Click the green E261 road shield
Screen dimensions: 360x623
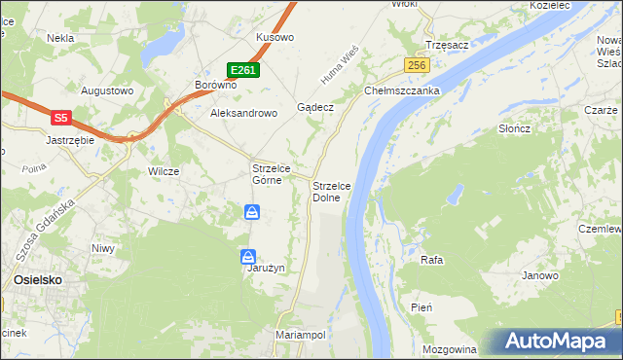click(243, 70)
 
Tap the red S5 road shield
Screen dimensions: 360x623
click(60, 118)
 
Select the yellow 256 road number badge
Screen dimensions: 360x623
click(417, 65)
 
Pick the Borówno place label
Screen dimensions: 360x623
click(216, 85)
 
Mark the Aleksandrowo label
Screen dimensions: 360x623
click(244, 113)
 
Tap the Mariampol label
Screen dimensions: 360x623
click(300, 334)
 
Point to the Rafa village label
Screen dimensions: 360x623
click(431, 260)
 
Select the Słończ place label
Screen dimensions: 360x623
click(513, 128)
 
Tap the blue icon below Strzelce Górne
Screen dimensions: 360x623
click(251, 212)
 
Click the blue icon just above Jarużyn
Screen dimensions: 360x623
click(248, 257)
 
